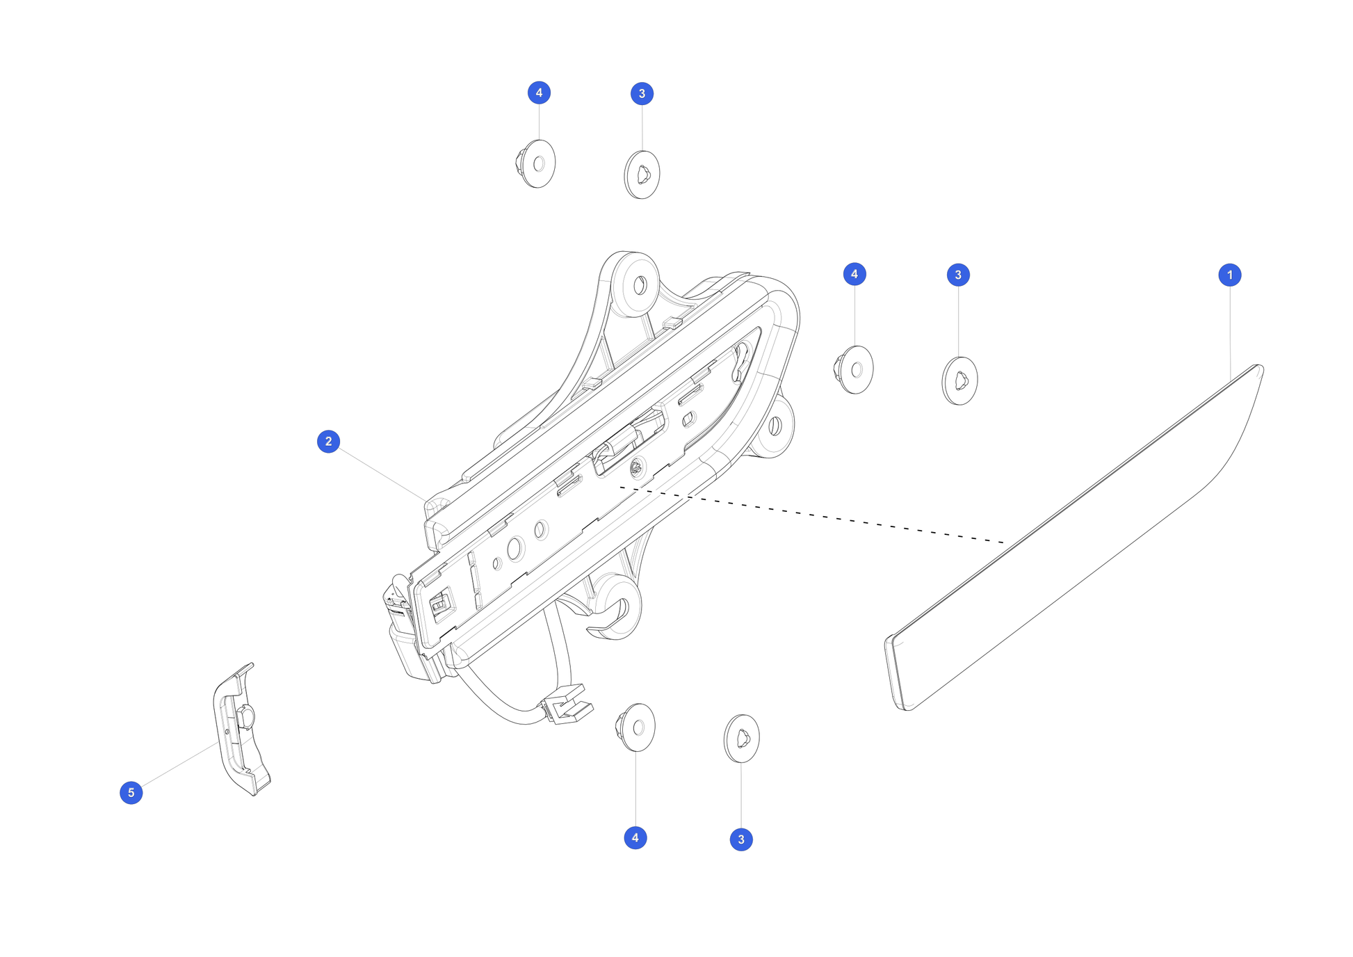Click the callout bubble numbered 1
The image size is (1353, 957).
(x=1229, y=275)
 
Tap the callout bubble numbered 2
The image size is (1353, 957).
(x=328, y=441)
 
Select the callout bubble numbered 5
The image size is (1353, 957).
(x=131, y=792)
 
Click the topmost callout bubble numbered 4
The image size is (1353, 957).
(x=539, y=93)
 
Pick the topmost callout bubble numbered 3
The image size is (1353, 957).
(x=642, y=93)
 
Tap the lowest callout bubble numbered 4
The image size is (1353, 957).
(x=635, y=837)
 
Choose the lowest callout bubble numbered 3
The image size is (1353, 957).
(x=740, y=839)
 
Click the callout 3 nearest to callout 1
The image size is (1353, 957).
(x=958, y=275)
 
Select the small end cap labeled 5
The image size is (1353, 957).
(x=240, y=730)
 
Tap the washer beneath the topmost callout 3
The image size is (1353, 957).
(x=642, y=175)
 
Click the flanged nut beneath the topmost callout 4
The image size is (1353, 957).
(x=536, y=164)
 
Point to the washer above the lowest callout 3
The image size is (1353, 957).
(x=741, y=739)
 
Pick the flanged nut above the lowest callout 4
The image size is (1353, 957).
(x=635, y=727)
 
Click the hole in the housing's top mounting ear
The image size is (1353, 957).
(x=640, y=285)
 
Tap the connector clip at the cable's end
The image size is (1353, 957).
(x=569, y=705)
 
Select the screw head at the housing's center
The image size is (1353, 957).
(x=635, y=468)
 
